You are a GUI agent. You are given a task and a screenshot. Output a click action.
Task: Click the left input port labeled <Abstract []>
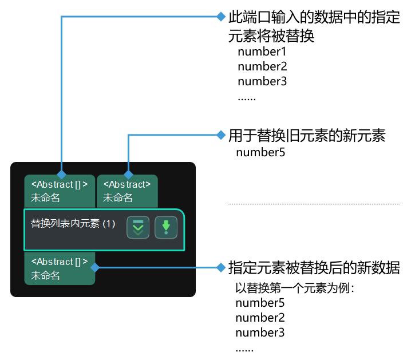click(60, 191)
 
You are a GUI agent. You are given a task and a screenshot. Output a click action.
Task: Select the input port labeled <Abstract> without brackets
click(127, 191)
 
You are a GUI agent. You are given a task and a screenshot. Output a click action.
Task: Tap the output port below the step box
click(60, 268)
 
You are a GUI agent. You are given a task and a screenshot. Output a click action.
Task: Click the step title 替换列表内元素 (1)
click(73, 224)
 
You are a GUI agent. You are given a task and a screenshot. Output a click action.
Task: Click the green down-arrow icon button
click(166, 228)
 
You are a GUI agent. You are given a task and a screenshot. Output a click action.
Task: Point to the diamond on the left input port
click(61, 174)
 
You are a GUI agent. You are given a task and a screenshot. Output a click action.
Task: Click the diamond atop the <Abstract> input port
click(128, 174)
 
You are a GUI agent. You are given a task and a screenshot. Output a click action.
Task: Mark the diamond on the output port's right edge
click(95, 267)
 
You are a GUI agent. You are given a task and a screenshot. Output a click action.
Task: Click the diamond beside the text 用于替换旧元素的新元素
click(221, 135)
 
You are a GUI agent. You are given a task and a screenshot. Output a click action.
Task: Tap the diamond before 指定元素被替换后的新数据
click(221, 267)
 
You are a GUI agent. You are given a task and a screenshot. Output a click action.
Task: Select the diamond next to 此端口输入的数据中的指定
click(221, 17)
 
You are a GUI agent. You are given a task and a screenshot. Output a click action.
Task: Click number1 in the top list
click(262, 52)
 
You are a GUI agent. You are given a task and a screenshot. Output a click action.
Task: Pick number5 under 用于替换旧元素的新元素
click(260, 152)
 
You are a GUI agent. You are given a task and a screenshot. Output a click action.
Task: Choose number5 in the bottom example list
click(260, 303)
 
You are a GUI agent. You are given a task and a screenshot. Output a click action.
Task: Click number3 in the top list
click(262, 81)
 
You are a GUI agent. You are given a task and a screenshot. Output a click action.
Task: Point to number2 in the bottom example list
click(260, 318)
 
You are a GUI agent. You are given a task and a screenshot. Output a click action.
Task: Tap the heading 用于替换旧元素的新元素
click(307, 136)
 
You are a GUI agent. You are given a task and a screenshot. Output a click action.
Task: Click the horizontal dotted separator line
click(314, 204)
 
